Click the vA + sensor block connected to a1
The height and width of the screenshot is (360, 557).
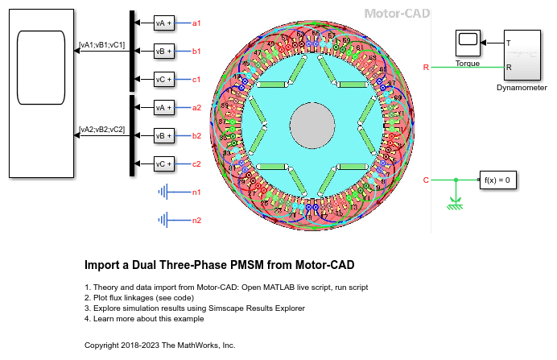click(x=163, y=23)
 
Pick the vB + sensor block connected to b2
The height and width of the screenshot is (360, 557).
click(x=163, y=136)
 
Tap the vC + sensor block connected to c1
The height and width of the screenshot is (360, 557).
click(x=163, y=80)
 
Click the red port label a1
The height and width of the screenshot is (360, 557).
click(x=196, y=23)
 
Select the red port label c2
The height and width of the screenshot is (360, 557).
click(x=196, y=164)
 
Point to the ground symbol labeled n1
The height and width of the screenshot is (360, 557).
click(x=166, y=192)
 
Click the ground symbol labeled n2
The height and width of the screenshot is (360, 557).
click(x=166, y=220)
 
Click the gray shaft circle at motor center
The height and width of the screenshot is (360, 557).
click(x=316, y=126)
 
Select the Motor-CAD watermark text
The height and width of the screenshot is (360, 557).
click(x=397, y=14)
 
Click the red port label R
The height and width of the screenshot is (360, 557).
click(x=426, y=68)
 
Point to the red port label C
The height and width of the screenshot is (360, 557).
click(x=426, y=180)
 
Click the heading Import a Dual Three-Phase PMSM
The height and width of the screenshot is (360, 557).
click(x=219, y=264)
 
